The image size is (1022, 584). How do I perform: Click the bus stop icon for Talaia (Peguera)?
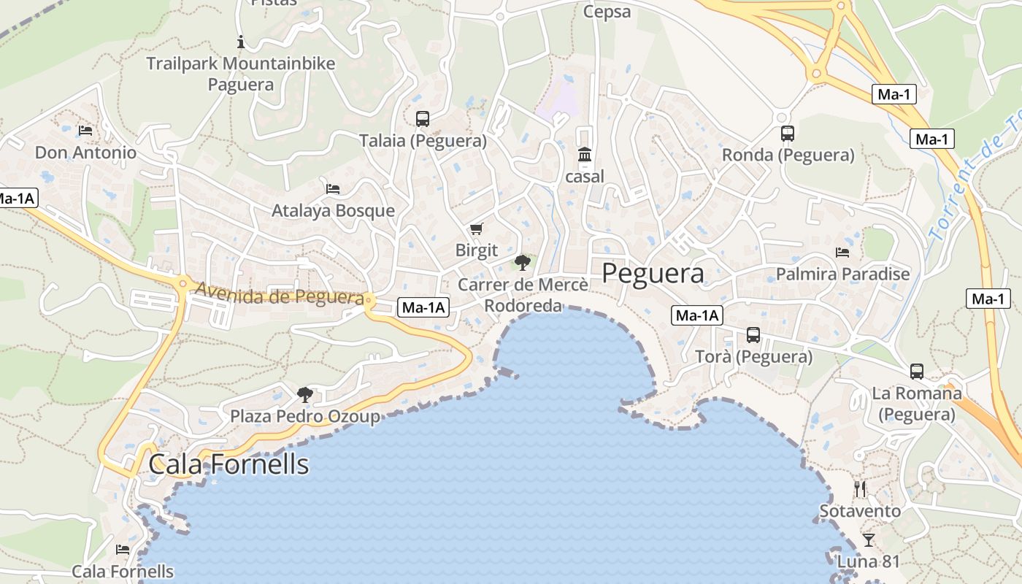tap(422, 118)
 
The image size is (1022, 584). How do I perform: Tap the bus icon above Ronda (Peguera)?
tap(787, 133)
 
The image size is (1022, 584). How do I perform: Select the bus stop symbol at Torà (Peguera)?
tap(753, 334)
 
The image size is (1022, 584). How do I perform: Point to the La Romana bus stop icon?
tap(916, 371)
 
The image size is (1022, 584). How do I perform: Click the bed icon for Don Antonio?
tap(85, 131)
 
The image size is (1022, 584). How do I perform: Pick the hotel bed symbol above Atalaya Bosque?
tap(333, 188)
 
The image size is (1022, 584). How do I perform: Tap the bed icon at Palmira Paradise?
tap(842, 253)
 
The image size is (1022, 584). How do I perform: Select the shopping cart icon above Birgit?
tap(476, 228)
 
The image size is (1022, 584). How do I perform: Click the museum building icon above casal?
tap(585, 155)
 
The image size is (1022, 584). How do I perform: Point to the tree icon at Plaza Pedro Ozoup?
tap(304, 395)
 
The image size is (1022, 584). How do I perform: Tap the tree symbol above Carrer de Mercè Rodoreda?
tap(522, 263)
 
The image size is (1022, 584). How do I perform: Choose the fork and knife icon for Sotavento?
tap(860, 488)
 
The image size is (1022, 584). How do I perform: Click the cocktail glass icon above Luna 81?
tap(868, 539)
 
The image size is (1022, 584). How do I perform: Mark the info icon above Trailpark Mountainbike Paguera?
tap(240, 42)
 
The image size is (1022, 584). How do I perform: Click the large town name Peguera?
tap(653, 273)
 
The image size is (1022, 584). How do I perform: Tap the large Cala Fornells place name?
tap(228, 464)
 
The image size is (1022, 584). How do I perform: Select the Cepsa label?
tap(607, 12)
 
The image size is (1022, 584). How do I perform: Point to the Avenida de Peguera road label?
tap(280, 295)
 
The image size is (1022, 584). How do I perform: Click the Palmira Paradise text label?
tap(842, 274)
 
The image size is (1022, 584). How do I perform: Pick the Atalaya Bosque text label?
tap(333, 210)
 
